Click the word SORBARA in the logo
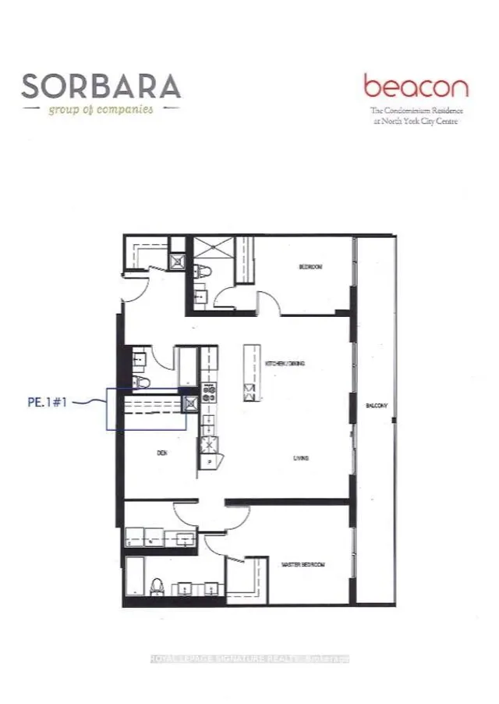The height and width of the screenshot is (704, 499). coord(101,85)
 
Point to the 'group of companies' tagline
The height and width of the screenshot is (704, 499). coord(101,109)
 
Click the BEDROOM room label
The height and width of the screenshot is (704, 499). coord(310,267)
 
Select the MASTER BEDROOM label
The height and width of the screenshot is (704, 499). coord(302,564)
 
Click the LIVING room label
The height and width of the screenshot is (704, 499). coord(301,458)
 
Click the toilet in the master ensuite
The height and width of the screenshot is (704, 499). coord(156,586)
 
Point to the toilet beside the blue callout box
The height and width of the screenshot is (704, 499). coord(140,382)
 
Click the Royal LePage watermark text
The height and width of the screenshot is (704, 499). coord(249,659)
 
